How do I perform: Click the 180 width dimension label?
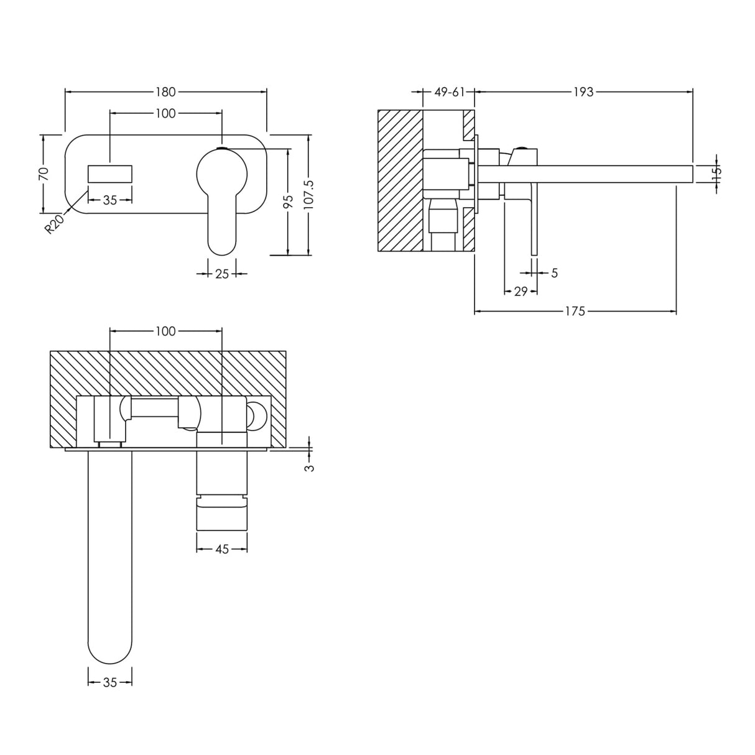pyautogui.click(x=165, y=92)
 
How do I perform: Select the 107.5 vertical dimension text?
pyautogui.click(x=310, y=194)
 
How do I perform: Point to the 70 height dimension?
pyautogui.click(x=44, y=173)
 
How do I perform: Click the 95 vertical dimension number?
pyautogui.click(x=288, y=201)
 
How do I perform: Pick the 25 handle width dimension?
pyautogui.click(x=222, y=273)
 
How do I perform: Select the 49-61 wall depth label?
pyautogui.click(x=450, y=92)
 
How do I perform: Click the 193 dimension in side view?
pyautogui.click(x=583, y=92)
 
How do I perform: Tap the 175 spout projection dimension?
pyautogui.click(x=575, y=311)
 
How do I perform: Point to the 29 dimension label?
pyautogui.click(x=521, y=291)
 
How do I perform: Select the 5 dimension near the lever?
pyautogui.click(x=554, y=272)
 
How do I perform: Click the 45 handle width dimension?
pyautogui.click(x=222, y=549)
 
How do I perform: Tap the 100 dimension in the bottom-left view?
pyautogui.click(x=165, y=331)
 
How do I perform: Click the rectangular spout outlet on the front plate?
pyautogui.click(x=110, y=174)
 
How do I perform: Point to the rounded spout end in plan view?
pyautogui.click(x=110, y=647)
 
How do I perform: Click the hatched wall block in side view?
pyautogui.click(x=400, y=180)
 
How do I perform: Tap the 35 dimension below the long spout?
pyautogui.click(x=110, y=682)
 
